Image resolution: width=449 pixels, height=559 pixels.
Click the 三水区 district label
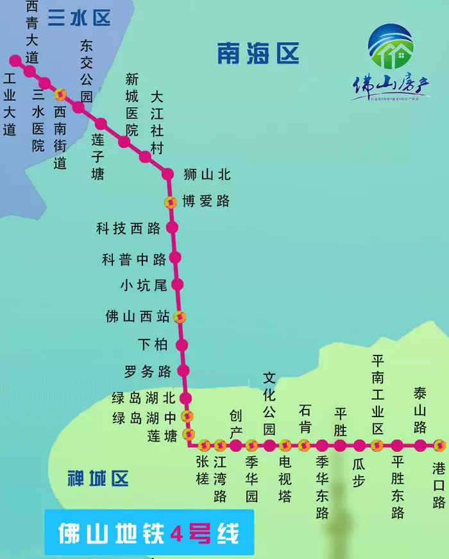79,18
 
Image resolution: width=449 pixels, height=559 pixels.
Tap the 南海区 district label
258,54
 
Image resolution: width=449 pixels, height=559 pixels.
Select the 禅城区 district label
98,478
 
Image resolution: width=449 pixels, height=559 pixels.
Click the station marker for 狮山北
168,174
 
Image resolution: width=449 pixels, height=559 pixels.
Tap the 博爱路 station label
205,201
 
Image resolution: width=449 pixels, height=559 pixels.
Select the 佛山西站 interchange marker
181,317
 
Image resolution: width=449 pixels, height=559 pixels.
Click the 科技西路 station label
128,228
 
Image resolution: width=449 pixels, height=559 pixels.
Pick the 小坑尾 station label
144,285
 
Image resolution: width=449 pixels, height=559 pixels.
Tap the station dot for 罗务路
184,370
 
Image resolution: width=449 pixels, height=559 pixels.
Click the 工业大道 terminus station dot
15,60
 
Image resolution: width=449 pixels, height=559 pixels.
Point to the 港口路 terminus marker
439,445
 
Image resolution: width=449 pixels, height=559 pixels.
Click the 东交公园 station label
87,71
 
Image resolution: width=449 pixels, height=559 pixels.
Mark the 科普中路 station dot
175,258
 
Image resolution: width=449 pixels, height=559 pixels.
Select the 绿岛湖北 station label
144,399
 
